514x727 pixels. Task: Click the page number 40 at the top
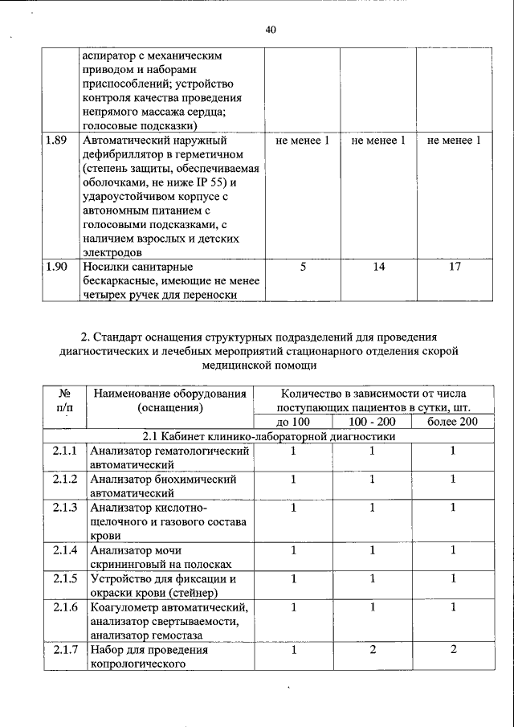tap(270, 31)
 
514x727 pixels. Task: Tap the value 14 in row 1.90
tap(378, 266)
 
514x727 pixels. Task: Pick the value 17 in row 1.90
tap(455, 266)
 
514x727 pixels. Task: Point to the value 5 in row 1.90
tap(302, 266)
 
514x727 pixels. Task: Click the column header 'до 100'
tap(292, 422)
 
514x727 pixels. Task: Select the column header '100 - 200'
tap(372, 422)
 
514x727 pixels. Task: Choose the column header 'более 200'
tap(452, 422)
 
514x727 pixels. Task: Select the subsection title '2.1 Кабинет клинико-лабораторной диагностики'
tap(269, 437)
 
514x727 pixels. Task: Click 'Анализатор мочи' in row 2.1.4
tap(136, 550)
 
